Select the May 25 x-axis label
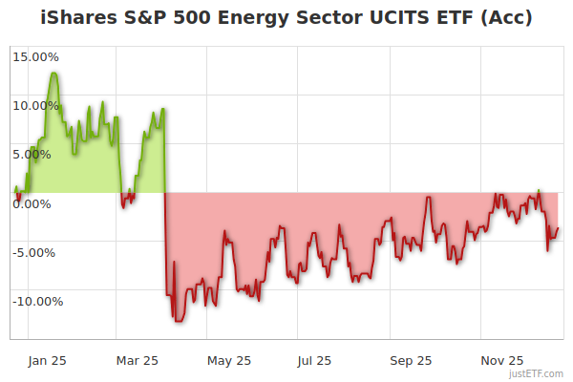click(228, 361)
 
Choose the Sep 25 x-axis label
click(410, 361)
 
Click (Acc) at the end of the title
click(506, 18)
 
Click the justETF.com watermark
click(535, 373)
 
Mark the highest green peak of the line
click(53, 73)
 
